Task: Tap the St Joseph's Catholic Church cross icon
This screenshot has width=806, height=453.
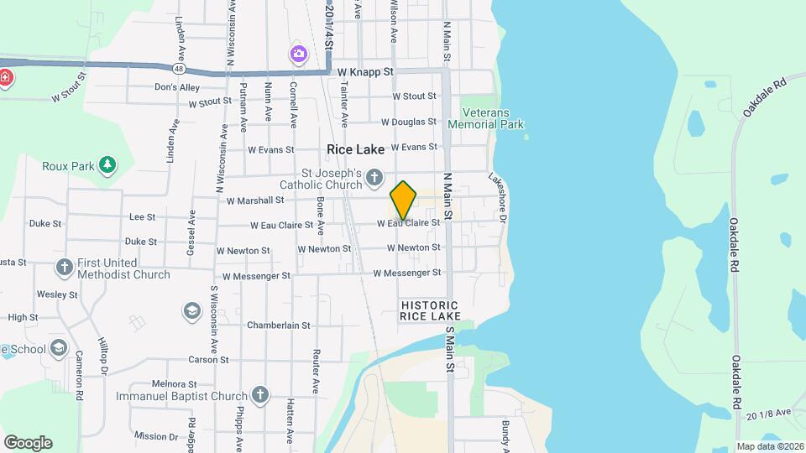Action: tap(375, 178)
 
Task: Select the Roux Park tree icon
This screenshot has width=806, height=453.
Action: tap(107, 165)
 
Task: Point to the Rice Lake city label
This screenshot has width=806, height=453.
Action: tap(355, 149)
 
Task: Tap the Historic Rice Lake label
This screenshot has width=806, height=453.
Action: tap(430, 310)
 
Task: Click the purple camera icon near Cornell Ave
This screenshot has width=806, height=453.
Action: tap(298, 55)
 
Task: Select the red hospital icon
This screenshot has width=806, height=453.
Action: tap(6, 78)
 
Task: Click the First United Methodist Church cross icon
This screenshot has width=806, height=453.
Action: tap(65, 268)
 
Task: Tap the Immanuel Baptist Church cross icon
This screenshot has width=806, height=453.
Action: tap(260, 395)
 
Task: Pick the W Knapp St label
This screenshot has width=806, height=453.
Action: tap(365, 73)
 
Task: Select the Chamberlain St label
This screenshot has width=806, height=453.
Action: tap(279, 325)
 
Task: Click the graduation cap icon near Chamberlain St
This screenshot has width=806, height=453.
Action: tap(192, 312)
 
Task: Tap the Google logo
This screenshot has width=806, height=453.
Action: tap(28, 443)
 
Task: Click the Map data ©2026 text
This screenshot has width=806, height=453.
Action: tap(769, 446)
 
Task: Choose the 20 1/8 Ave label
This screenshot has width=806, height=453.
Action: tap(768, 413)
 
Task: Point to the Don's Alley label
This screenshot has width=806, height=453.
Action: tap(177, 87)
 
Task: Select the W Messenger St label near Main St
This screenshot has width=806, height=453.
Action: tap(407, 273)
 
